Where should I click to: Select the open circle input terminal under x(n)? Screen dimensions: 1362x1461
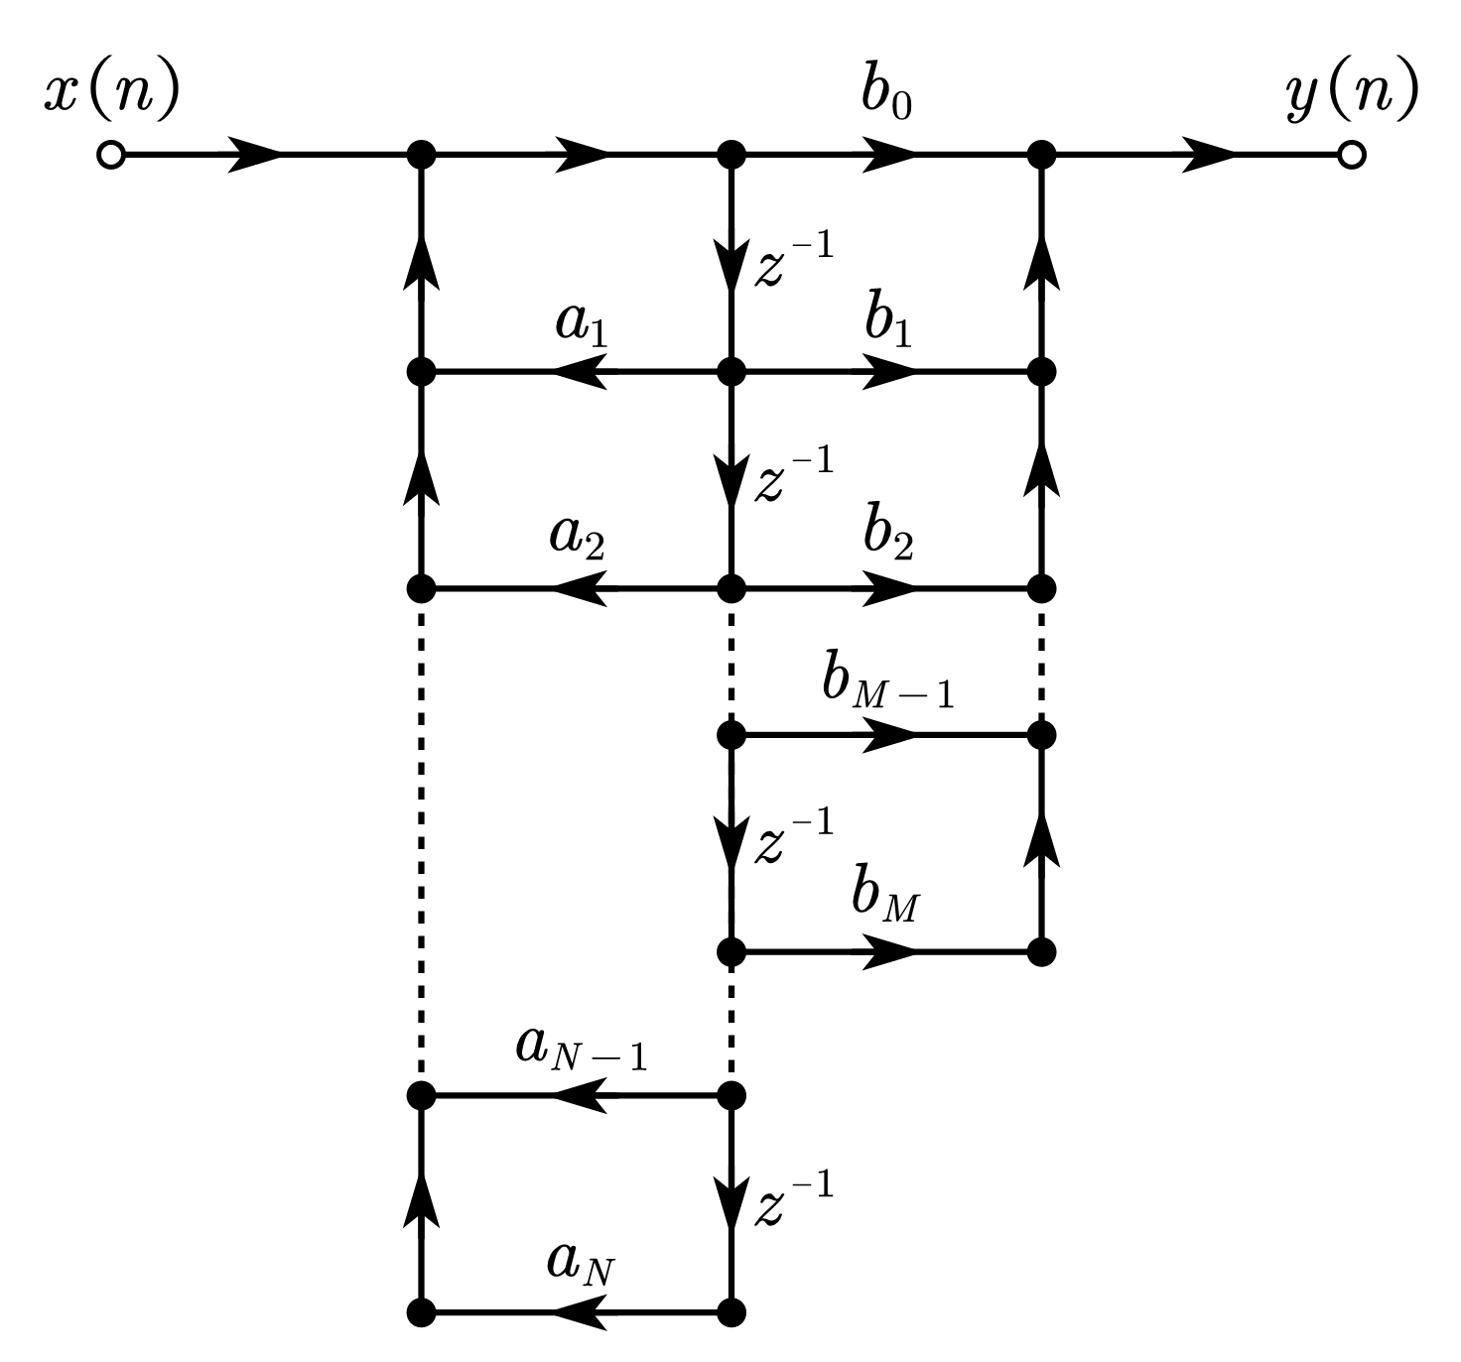tap(111, 156)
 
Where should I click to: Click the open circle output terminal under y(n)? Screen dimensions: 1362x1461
tap(1350, 156)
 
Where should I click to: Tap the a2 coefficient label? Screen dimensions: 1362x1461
tap(578, 539)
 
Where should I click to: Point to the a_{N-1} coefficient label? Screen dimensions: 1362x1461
tap(582, 1050)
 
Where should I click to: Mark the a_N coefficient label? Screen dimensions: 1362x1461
tap(582, 1263)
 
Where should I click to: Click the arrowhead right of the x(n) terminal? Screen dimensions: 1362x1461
tap(256, 156)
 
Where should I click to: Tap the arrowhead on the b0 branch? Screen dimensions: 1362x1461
tap(888, 156)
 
